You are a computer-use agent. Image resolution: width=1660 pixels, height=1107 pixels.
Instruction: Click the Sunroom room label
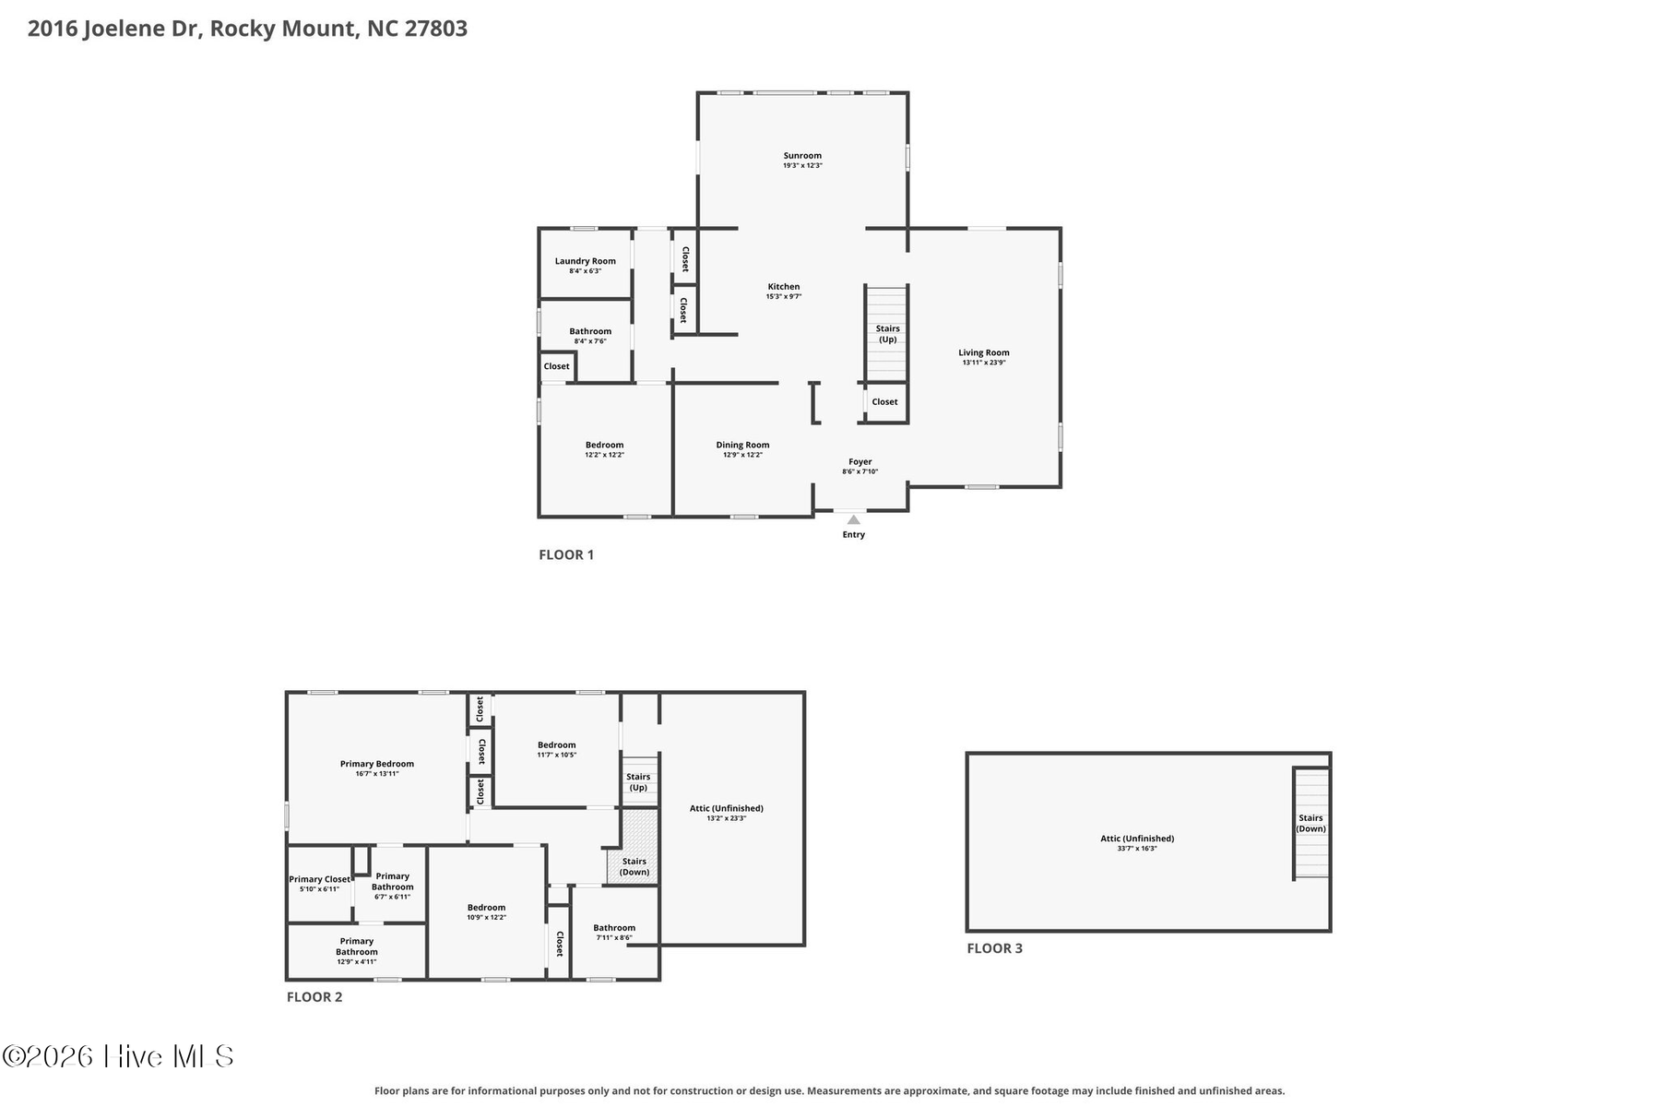pyautogui.click(x=802, y=156)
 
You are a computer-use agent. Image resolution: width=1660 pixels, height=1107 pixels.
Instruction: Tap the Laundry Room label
pyautogui.click(x=586, y=261)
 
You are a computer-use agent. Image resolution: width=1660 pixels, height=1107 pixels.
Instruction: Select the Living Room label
pyautogui.click(x=984, y=352)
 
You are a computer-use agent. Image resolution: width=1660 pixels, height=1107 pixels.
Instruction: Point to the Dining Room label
pyautogui.click(x=742, y=445)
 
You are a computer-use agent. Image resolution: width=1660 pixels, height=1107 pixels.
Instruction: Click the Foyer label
pyautogui.click(x=860, y=461)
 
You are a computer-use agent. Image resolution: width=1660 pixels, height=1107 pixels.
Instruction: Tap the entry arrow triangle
pyautogui.click(x=854, y=520)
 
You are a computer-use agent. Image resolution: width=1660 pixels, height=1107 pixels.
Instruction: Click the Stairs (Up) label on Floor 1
pyautogui.click(x=888, y=334)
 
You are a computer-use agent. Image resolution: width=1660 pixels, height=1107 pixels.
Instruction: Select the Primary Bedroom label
pyautogui.click(x=377, y=764)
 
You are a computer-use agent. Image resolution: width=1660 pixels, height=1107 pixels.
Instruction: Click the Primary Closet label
pyautogui.click(x=319, y=879)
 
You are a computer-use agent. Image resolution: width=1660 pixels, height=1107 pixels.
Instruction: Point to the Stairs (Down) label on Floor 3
pyautogui.click(x=1310, y=823)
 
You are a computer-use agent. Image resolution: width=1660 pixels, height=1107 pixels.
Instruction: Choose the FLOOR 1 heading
pyautogui.click(x=566, y=554)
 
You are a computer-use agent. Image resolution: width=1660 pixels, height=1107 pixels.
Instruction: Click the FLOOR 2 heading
pyautogui.click(x=314, y=996)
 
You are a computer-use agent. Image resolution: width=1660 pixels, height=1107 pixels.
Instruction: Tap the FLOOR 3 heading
pyautogui.click(x=994, y=947)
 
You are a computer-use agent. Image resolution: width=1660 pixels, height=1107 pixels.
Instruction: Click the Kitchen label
pyautogui.click(x=784, y=287)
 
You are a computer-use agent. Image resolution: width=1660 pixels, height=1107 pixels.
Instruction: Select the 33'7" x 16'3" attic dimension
pyautogui.click(x=1137, y=849)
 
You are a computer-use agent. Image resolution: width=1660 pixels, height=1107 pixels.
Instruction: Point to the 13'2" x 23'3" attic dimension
pyautogui.click(x=727, y=818)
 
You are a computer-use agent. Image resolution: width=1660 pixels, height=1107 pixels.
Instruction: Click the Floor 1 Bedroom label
pyautogui.click(x=605, y=445)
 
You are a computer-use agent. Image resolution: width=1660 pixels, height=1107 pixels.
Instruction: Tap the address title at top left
pyautogui.click(x=247, y=29)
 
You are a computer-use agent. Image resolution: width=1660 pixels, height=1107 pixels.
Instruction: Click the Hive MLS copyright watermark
pyautogui.click(x=118, y=1056)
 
